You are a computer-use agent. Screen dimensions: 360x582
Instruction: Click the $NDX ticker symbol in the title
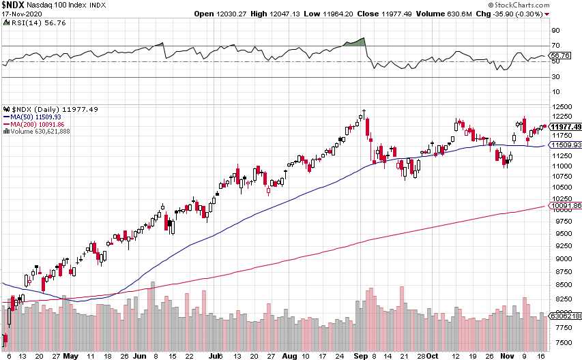coord(13,5)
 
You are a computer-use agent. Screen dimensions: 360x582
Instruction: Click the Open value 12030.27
coord(229,14)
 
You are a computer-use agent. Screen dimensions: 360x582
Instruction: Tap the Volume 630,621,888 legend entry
coord(37,132)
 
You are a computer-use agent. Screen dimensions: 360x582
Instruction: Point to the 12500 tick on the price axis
coord(561,107)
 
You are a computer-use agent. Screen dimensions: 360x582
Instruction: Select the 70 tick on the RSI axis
coord(555,46)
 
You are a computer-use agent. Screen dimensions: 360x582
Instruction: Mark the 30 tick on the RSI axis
coord(555,76)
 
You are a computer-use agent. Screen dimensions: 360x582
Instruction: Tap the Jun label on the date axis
coord(140,355)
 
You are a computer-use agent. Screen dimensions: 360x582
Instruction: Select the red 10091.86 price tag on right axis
coord(566,205)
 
